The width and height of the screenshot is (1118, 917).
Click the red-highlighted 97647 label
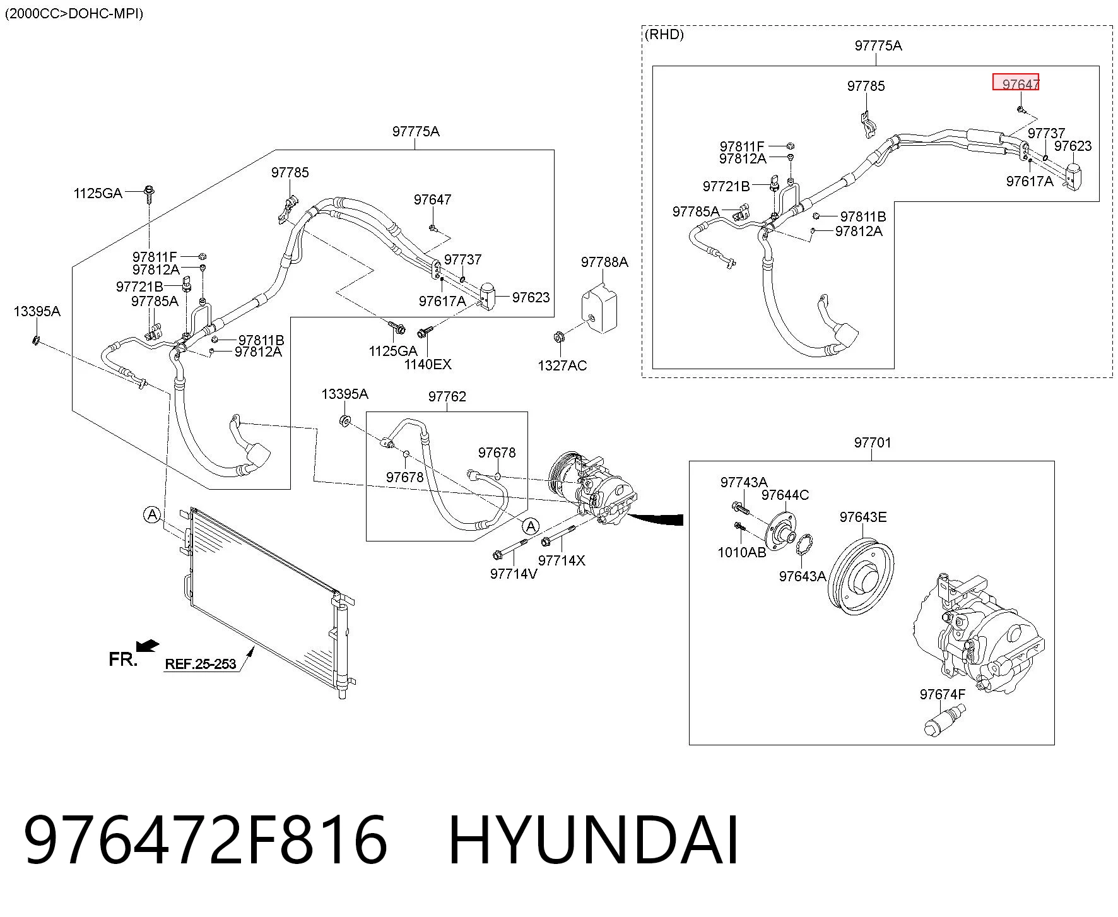tap(1016, 83)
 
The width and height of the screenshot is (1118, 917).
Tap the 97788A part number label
tap(604, 262)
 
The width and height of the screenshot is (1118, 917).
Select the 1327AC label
tap(562, 365)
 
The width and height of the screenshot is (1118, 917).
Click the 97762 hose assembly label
tap(447, 396)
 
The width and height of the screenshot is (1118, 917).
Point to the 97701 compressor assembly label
tap(873, 442)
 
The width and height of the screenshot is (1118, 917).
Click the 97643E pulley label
tap(863, 518)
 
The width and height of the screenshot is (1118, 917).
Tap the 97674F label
tap(943, 694)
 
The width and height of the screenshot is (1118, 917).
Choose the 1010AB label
tap(742, 552)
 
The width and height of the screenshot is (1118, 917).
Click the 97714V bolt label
tap(514, 574)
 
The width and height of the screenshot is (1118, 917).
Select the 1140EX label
tap(428, 364)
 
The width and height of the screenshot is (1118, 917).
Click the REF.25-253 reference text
tap(201, 664)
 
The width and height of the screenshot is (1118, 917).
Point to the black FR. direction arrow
tap(148, 646)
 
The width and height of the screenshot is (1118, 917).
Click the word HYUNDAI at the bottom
tap(594, 840)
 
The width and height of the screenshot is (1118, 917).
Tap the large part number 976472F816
tap(206, 840)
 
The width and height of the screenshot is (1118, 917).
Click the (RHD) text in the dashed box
tap(664, 35)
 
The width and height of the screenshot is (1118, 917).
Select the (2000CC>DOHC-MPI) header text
tap(74, 13)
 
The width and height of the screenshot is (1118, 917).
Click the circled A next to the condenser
tap(152, 515)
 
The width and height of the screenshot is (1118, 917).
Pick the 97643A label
tap(803, 576)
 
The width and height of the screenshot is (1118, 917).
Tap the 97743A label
tap(744, 483)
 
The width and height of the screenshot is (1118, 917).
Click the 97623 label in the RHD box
tap(1073, 146)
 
